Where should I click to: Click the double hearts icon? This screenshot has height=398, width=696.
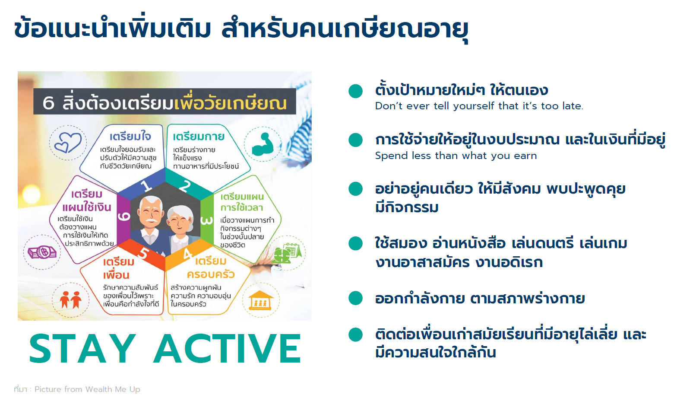point(68,143)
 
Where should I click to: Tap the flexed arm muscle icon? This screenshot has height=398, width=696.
point(263,144)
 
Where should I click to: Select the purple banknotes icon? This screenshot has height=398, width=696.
point(42,252)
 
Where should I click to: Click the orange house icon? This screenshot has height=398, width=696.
point(261,300)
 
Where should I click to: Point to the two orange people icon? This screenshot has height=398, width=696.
point(70,299)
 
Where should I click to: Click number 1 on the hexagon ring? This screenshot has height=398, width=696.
point(146,186)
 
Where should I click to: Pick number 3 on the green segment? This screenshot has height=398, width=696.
point(207,220)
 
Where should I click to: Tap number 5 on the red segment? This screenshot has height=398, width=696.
point(143,254)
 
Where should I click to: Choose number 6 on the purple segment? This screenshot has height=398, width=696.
point(123,217)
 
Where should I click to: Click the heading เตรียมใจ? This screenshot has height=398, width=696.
point(130,136)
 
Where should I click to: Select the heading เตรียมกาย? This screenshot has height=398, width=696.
point(199,136)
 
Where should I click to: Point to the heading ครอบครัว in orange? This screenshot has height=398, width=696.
point(211,274)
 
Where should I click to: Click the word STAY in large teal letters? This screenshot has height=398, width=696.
point(82,348)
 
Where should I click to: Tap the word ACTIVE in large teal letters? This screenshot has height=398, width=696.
point(227,348)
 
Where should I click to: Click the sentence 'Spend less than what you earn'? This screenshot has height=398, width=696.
point(456,156)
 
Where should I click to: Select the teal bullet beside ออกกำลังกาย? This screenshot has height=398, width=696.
point(355,298)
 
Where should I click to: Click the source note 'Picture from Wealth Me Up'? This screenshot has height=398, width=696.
point(87,389)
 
